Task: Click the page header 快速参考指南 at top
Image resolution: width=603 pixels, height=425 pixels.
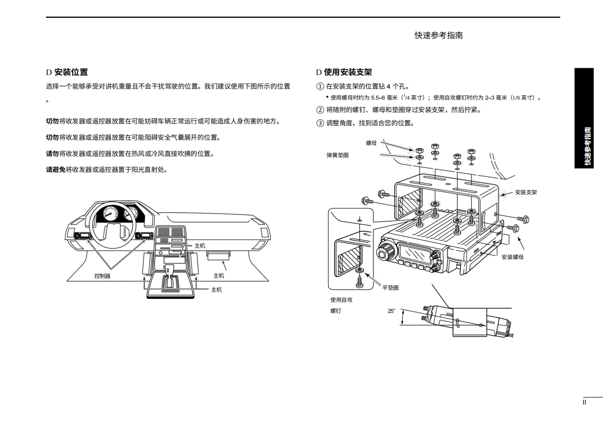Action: point(438,35)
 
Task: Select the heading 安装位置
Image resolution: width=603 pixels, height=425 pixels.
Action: point(71,72)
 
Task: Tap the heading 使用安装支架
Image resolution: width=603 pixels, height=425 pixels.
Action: point(348,72)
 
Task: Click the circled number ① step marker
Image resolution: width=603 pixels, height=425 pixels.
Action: point(320,86)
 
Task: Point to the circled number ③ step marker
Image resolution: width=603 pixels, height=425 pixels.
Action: point(320,123)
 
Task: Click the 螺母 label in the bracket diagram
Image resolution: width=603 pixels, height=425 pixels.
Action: point(371,143)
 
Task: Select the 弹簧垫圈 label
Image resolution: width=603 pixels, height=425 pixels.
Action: point(337,155)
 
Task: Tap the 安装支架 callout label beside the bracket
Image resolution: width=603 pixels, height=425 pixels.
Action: point(526,192)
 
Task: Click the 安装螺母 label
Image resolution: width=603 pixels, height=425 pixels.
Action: point(512,257)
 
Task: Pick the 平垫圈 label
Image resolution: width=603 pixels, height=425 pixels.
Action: point(390,288)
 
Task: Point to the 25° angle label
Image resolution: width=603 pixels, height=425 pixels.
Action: point(391,311)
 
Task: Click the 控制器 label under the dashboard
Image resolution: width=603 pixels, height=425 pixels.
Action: point(102,276)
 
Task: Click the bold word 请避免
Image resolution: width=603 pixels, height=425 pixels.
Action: point(56,170)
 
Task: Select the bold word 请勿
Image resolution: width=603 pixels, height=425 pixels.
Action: point(52,154)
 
